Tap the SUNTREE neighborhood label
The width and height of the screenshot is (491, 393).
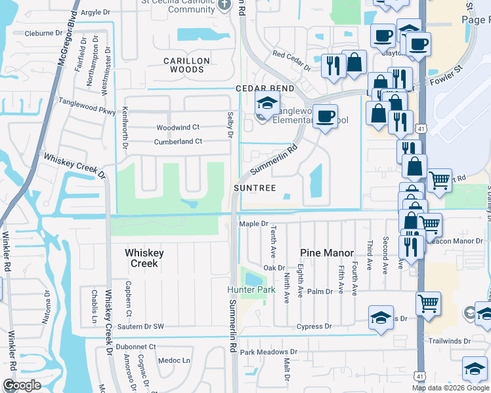[x=254, y=188]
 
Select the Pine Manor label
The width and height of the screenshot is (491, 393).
[x=327, y=253]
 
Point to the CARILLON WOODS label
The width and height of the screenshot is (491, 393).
[x=186, y=65]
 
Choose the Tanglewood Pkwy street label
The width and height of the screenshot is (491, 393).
[x=87, y=105]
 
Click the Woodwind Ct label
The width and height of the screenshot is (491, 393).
[x=178, y=127]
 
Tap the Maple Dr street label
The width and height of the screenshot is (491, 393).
[x=254, y=224]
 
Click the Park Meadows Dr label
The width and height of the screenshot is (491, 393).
[x=268, y=352]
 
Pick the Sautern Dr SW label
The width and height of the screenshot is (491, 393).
[x=140, y=326]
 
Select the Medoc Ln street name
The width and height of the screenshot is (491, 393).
[x=176, y=360]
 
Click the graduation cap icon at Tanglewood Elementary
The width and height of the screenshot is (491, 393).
[x=267, y=103]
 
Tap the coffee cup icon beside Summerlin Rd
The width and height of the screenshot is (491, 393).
[x=324, y=117]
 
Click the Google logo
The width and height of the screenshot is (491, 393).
[x=22, y=385]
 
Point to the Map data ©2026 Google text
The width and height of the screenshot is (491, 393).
[x=451, y=388]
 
